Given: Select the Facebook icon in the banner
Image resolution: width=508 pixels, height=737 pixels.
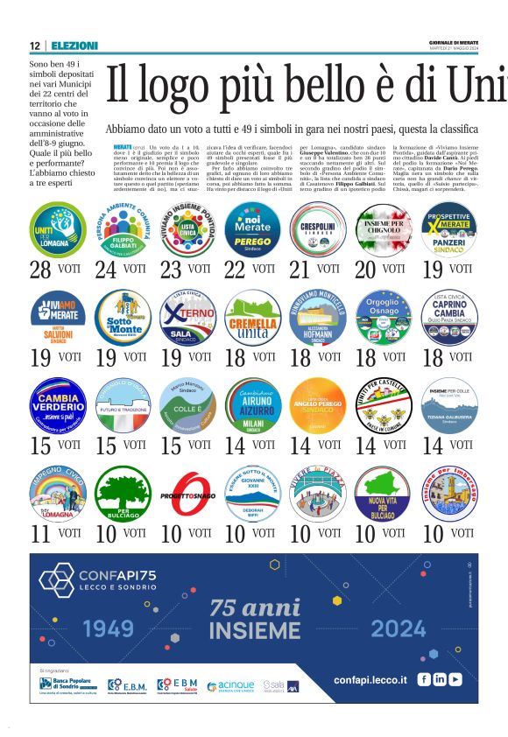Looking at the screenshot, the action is (x=424, y=679).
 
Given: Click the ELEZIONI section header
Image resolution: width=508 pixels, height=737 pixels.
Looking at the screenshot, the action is (x=74, y=46).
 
